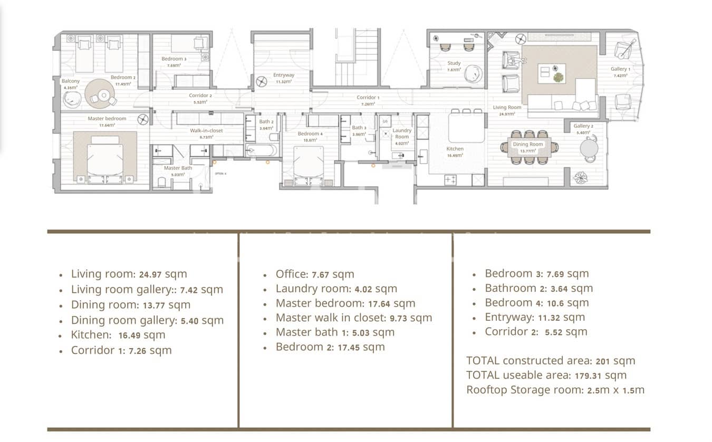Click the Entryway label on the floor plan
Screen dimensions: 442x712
click(x=284, y=75)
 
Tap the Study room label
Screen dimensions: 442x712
click(x=454, y=63)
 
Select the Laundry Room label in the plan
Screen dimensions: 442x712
click(x=402, y=133)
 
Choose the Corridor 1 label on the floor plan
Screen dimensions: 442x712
click(x=368, y=98)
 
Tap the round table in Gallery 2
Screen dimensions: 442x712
click(x=589, y=148)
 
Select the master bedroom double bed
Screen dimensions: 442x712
click(x=105, y=158)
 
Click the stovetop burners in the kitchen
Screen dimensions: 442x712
click(x=451, y=180)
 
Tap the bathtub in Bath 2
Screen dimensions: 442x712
click(x=262, y=150)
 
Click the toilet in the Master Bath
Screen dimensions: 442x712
click(x=162, y=182)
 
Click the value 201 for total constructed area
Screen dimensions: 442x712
click(x=603, y=361)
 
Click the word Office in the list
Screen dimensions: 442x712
click(x=291, y=274)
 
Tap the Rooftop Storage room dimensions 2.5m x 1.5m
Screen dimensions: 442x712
click(x=615, y=390)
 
